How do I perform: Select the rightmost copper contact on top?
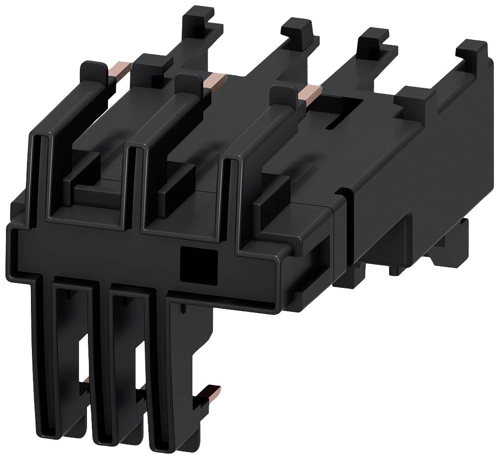(x=309, y=92)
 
